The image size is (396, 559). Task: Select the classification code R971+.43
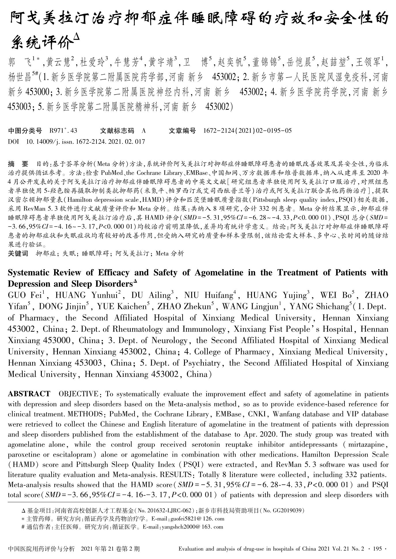click(63, 131)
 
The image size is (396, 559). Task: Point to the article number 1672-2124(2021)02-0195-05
click(247, 131)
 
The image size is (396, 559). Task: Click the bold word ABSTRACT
click(29, 394)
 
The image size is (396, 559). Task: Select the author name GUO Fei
click(25, 295)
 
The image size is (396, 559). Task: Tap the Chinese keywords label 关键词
click(18, 254)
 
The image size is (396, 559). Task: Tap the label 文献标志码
click(117, 131)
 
